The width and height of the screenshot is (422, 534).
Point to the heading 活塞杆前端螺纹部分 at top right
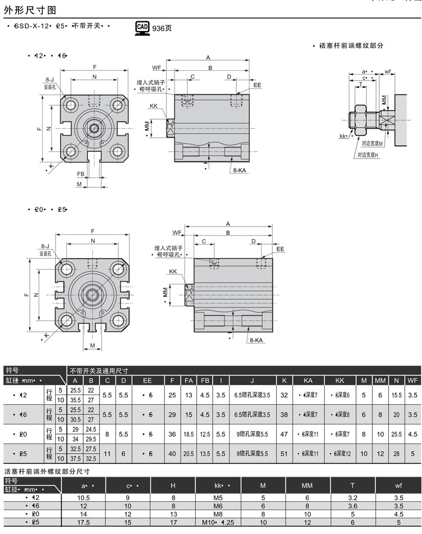coord(351,46)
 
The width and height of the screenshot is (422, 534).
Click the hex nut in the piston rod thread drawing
coord(360,119)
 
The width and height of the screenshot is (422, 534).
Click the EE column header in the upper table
coord(147,381)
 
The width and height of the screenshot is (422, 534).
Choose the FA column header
coord(189,381)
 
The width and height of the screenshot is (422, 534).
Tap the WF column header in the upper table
coord(413,381)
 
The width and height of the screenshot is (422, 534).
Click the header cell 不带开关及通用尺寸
coord(98,370)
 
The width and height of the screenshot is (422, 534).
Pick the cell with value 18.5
coord(189,434)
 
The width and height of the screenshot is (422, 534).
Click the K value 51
coord(284,454)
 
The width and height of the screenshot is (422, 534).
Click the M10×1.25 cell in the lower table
coord(219,522)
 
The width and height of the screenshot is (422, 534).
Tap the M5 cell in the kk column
coord(219,497)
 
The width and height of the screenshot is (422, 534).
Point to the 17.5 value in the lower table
coord(83,522)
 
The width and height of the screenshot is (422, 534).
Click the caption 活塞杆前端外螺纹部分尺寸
coord(47,471)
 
